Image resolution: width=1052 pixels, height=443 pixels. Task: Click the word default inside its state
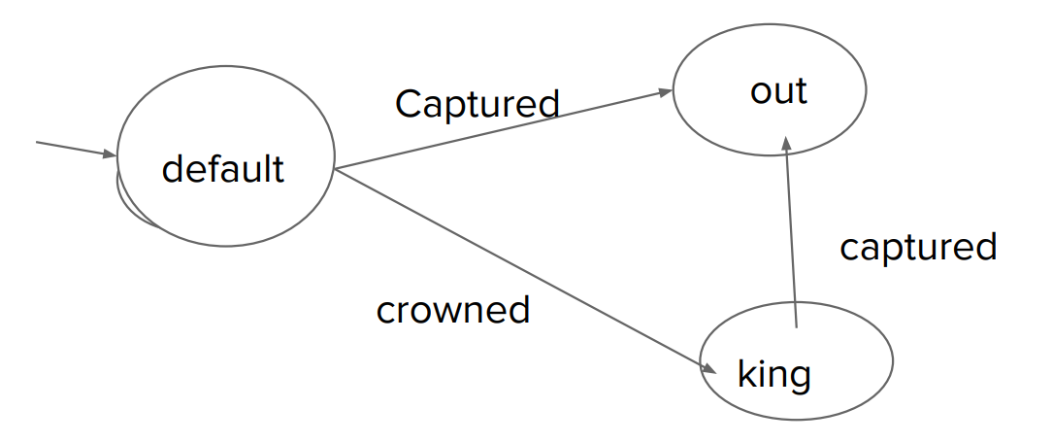[223, 169]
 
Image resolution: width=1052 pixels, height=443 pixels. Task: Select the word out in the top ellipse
[778, 90]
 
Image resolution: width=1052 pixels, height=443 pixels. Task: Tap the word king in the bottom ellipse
[773, 372]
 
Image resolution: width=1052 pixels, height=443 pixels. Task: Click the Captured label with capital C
[477, 103]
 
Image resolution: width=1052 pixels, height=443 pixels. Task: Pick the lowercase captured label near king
[917, 247]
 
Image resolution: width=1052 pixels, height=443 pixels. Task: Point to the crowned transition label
[452, 309]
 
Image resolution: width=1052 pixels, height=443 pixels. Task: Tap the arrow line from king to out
[791, 233]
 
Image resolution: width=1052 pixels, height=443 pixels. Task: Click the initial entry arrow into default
[73, 148]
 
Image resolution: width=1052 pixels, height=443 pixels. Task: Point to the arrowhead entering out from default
[666, 92]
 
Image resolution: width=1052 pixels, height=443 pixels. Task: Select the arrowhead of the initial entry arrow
[110, 153]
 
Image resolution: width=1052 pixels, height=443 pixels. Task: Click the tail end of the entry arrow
[38, 142]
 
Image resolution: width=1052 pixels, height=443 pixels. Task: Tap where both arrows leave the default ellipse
[334, 169]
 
